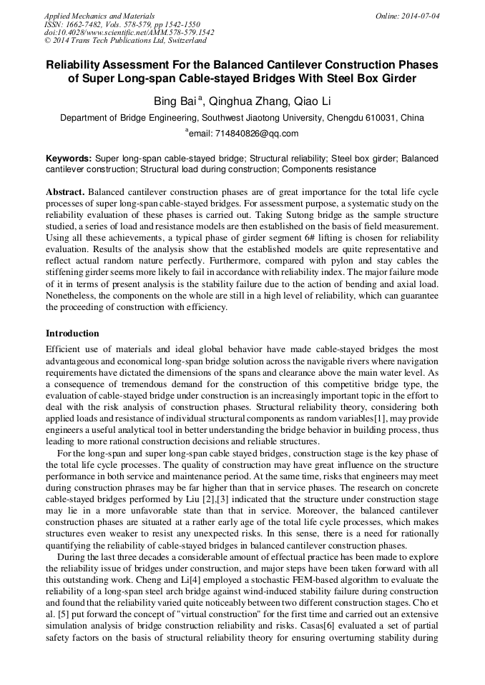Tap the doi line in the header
click(x=129, y=33)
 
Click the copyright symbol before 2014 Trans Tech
click(x=48, y=41)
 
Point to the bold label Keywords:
click(x=69, y=158)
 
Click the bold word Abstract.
click(x=67, y=193)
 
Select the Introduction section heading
click(x=72, y=334)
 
